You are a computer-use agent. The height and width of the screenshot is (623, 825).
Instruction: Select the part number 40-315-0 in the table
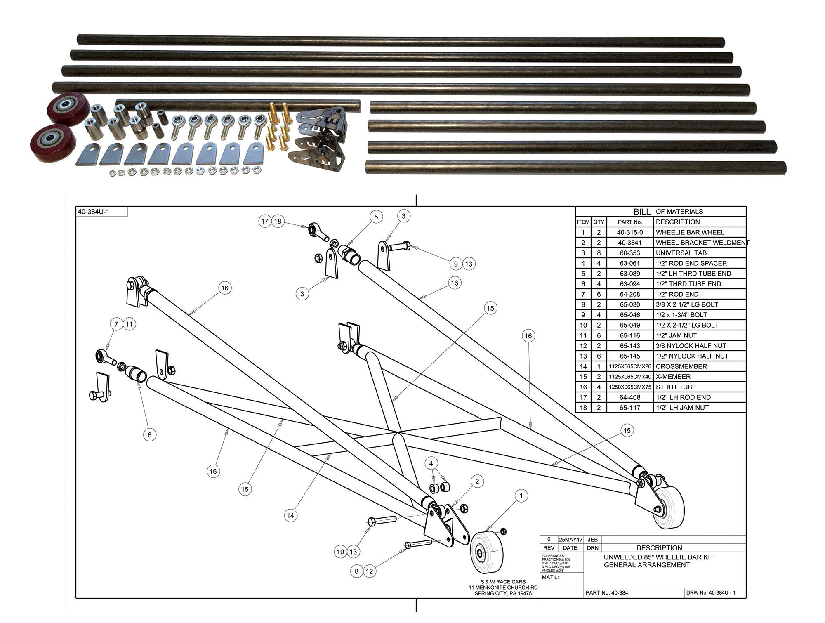pyautogui.click(x=629, y=232)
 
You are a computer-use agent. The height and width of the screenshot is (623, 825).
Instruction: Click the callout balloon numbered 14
pyautogui.click(x=291, y=516)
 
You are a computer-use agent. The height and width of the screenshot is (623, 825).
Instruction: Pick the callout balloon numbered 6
pyautogui.click(x=150, y=435)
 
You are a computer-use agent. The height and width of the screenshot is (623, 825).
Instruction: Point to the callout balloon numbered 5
pyautogui.click(x=376, y=217)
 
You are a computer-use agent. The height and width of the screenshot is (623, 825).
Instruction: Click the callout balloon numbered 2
pyautogui.click(x=477, y=481)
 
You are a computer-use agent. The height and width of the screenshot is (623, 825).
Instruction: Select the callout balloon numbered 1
pyautogui.click(x=521, y=496)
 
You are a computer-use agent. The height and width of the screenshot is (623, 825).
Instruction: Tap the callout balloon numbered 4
pyautogui.click(x=431, y=463)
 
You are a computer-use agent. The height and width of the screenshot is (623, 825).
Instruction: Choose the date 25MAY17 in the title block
pyautogui.click(x=570, y=539)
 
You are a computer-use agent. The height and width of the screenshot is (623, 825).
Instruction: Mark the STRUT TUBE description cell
pyautogui.click(x=676, y=387)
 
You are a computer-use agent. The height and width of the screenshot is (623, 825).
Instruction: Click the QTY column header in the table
pyautogui.click(x=599, y=222)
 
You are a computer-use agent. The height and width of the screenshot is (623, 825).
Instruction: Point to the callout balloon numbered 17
pyautogui.click(x=265, y=221)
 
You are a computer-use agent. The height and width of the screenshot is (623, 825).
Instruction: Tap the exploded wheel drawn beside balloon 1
pyautogui.click(x=487, y=552)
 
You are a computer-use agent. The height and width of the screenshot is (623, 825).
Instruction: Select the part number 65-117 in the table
pyautogui.click(x=629, y=408)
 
